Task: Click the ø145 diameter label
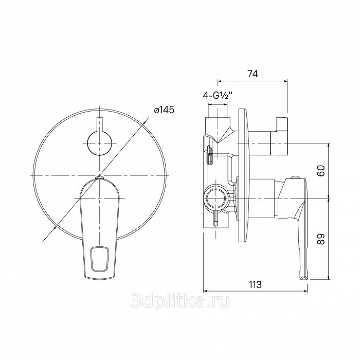point(164,110)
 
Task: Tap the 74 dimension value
point(253,74)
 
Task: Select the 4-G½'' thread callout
point(218,95)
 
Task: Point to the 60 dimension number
point(321,171)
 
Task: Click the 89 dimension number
point(321,239)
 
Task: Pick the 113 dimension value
point(255,285)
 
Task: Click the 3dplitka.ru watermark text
point(180,301)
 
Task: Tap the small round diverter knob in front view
point(100,143)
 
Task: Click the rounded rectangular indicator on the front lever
point(100,259)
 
